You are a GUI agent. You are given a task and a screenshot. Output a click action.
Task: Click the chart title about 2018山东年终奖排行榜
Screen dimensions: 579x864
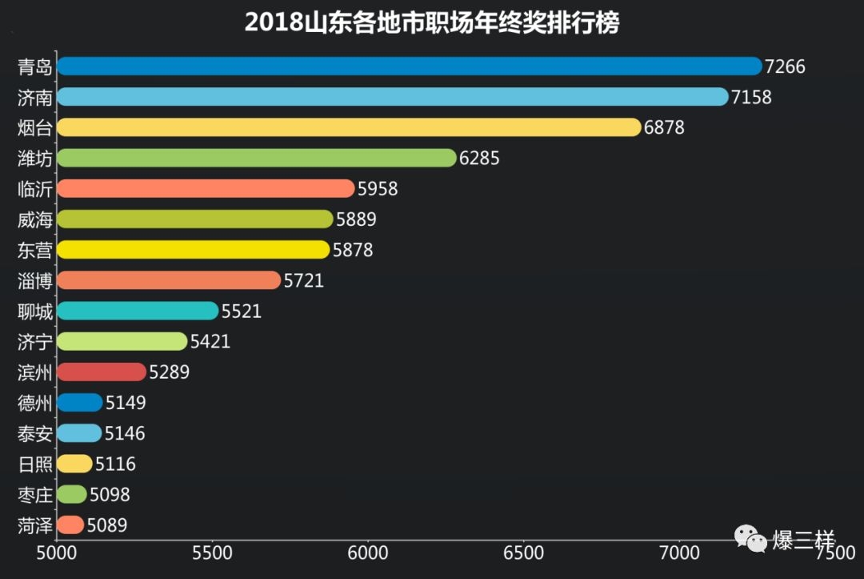coord(432,22)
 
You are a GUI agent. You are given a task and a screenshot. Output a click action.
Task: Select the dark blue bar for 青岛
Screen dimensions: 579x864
coord(409,66)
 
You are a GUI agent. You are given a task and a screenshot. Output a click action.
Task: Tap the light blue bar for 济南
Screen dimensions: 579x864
coord(392,97)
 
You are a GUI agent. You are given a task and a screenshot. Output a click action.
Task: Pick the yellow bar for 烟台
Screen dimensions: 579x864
coord(349,127)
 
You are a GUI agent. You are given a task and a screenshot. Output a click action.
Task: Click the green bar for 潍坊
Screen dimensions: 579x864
coord(256,158)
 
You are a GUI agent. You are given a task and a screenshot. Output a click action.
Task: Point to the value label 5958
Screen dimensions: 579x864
coord(378,189)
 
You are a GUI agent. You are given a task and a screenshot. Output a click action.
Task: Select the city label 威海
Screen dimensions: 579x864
coord(35,219)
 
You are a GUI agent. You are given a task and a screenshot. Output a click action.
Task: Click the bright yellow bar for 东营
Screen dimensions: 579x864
coord(193,250)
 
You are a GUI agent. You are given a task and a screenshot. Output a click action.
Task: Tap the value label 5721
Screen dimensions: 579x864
coord(304,280)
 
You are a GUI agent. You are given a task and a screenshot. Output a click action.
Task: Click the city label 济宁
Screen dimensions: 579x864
coord(35,342)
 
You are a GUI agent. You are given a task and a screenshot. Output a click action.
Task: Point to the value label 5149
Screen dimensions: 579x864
coord(126,403)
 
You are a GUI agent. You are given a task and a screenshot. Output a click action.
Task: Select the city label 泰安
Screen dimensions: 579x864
coord(35,433)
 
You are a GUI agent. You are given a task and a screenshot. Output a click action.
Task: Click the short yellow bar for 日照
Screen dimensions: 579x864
coord(74,464)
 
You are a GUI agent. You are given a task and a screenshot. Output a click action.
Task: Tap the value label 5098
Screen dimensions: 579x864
coord(110,495)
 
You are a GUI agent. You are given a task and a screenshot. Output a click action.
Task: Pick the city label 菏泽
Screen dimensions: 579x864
coord(35,525)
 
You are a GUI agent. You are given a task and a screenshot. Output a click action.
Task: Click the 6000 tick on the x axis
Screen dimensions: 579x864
coord(368,553)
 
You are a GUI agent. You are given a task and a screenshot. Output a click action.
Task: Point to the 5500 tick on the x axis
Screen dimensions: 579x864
coord(212,553)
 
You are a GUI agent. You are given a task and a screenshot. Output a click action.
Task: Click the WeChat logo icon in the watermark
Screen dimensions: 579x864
coord(750,538)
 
